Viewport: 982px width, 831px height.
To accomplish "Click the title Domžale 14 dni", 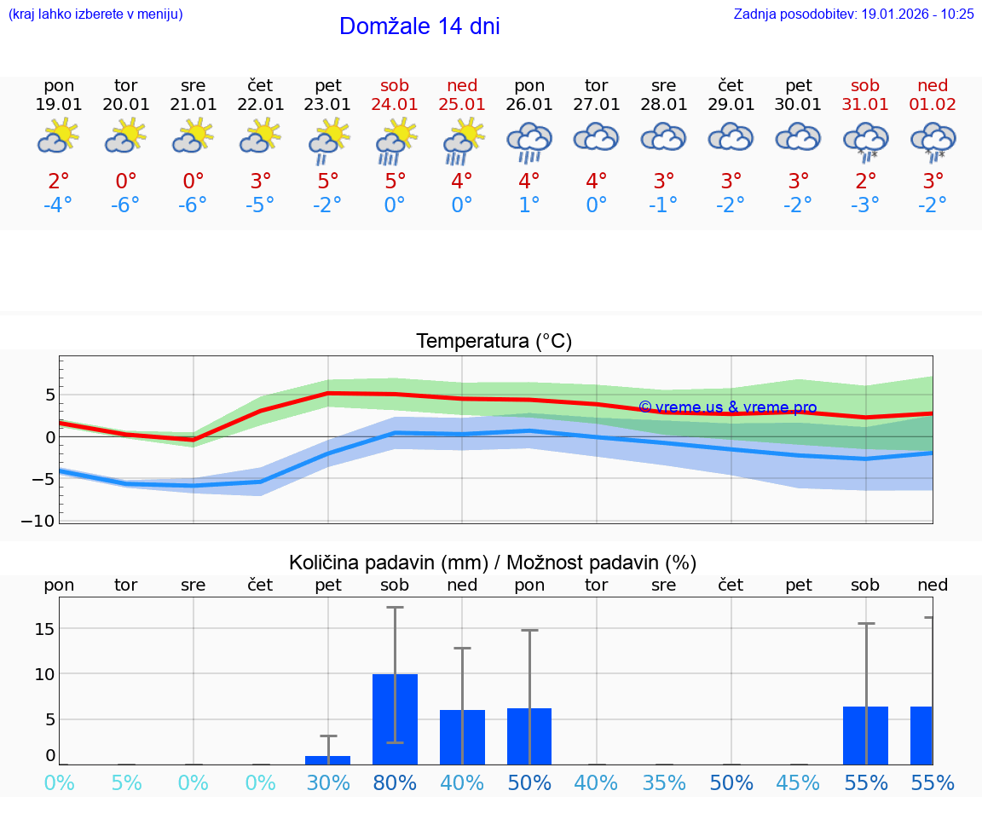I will [419, 26].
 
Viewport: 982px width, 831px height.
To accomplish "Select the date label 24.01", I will [395, 104].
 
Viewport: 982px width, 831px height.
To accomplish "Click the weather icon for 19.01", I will [58, 136].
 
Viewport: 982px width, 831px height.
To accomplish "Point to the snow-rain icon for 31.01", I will [866, 141].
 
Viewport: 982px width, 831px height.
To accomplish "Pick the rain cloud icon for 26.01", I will [529, 141].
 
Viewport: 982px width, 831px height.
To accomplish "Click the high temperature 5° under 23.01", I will [328, 182].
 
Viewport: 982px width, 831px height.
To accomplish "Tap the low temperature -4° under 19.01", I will [58, 205].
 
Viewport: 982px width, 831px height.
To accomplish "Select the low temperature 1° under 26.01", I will [529, 205].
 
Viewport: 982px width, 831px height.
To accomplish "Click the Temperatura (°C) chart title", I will [494, 342].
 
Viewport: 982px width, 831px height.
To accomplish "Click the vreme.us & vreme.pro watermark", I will [727, 407].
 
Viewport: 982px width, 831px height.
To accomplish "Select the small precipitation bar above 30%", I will [328, 759].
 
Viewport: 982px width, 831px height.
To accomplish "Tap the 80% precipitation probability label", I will [395, 782].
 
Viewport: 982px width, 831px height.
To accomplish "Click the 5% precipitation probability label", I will [126, 782].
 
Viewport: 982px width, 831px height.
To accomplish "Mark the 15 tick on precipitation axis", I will [43, 629].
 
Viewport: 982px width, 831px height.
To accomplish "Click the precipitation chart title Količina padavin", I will [493, 563].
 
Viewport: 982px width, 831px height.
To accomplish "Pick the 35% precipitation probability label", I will [664, 782].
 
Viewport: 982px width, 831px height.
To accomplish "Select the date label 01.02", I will [933, 104].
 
